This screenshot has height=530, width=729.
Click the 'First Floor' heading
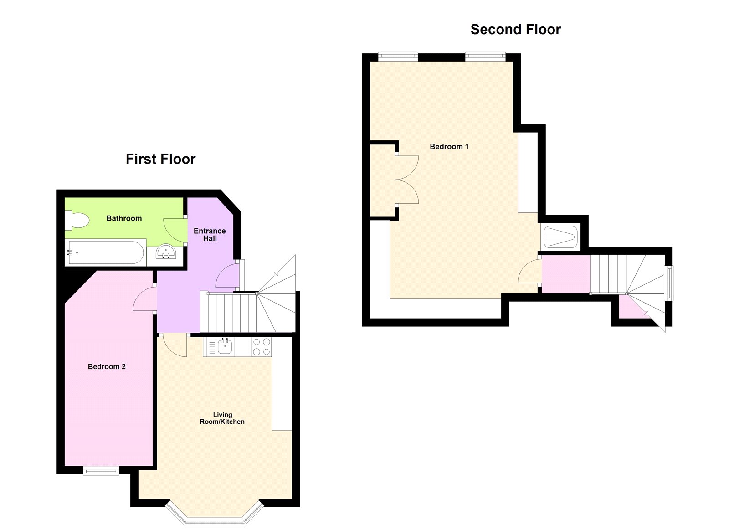click(160, 159)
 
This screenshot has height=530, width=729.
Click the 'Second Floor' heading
click(515, 30)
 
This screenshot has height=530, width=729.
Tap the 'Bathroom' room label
click(124, 218)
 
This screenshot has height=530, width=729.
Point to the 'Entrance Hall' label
click(210, 235)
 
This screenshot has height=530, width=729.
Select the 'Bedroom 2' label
click(107, 366)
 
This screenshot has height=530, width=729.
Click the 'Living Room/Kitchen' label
click(222, 418)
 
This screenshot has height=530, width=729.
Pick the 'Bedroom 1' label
click(449, 146)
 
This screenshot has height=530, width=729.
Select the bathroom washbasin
click(166, 252)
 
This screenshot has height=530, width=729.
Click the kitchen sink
click(225, 347)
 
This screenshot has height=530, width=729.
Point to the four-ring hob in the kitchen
click(262, 347)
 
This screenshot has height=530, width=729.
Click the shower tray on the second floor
click(560, 237)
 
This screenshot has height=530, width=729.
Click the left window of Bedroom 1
click(398, 57)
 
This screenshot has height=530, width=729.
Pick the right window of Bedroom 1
click(485, 57)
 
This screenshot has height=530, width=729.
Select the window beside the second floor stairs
click(669, 283)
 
